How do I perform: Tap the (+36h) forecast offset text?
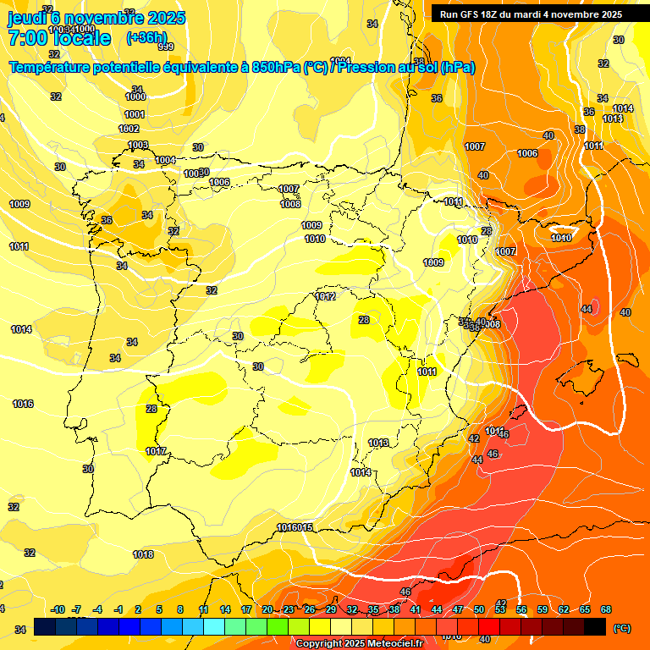tap(146, 37)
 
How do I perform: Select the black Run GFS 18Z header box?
tap(532, 14)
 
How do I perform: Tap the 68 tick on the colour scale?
tap(606, 609)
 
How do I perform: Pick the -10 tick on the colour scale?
tap(58, 609)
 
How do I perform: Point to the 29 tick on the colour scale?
tap(331, 609)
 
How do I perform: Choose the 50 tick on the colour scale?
tap(479, 609)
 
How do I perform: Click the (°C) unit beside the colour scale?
tap(622, 629)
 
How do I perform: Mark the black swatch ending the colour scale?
tap(595, 626)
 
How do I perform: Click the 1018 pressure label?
tap(143, 554)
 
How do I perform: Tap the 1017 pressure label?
tap(156, 451)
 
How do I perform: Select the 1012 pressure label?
tap(326, 296)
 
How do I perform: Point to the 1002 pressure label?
tap(129, 129)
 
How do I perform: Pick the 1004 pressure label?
tap(165, 160)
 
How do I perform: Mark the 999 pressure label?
tap(166, 47)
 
